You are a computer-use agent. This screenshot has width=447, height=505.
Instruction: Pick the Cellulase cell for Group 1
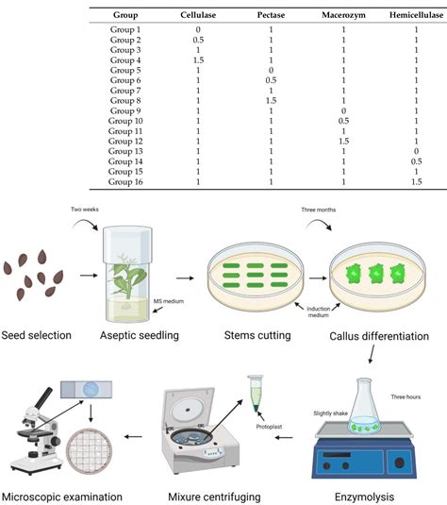click(x=198, y=30)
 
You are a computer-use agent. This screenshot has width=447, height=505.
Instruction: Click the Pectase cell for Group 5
click(x=271, y=71)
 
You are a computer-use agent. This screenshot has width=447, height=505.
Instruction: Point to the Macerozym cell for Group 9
click(x=342, y=111)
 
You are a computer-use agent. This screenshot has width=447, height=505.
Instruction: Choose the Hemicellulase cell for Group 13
click(x=416, y=152)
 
